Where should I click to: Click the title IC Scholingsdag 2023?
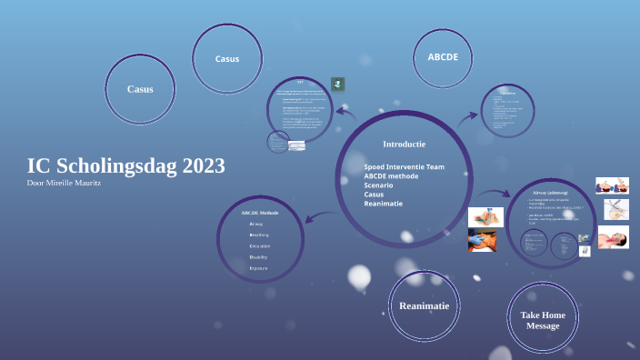[x=126, y=166]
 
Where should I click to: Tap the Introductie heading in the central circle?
[x=404, y=144]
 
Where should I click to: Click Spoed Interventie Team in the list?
[x=404, y=167]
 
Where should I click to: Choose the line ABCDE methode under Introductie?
[x=391, y=176]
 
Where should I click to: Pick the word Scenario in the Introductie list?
[x=379, y=185]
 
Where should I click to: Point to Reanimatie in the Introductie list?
[x=384, y=204]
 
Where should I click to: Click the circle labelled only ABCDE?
[x=443, y=56]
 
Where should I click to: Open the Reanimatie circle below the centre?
[x=424, y=306]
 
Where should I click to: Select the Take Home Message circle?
[x=543, y=319]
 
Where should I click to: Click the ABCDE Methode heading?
[x=260, y=212]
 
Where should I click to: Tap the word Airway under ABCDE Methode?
[x=256, y=224]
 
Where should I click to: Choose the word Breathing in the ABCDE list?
[x=259, y=235]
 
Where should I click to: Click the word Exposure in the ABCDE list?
[x=259, y=269]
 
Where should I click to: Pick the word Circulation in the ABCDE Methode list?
[x=260, y=246]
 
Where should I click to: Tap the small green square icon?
[x=337, y=84]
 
